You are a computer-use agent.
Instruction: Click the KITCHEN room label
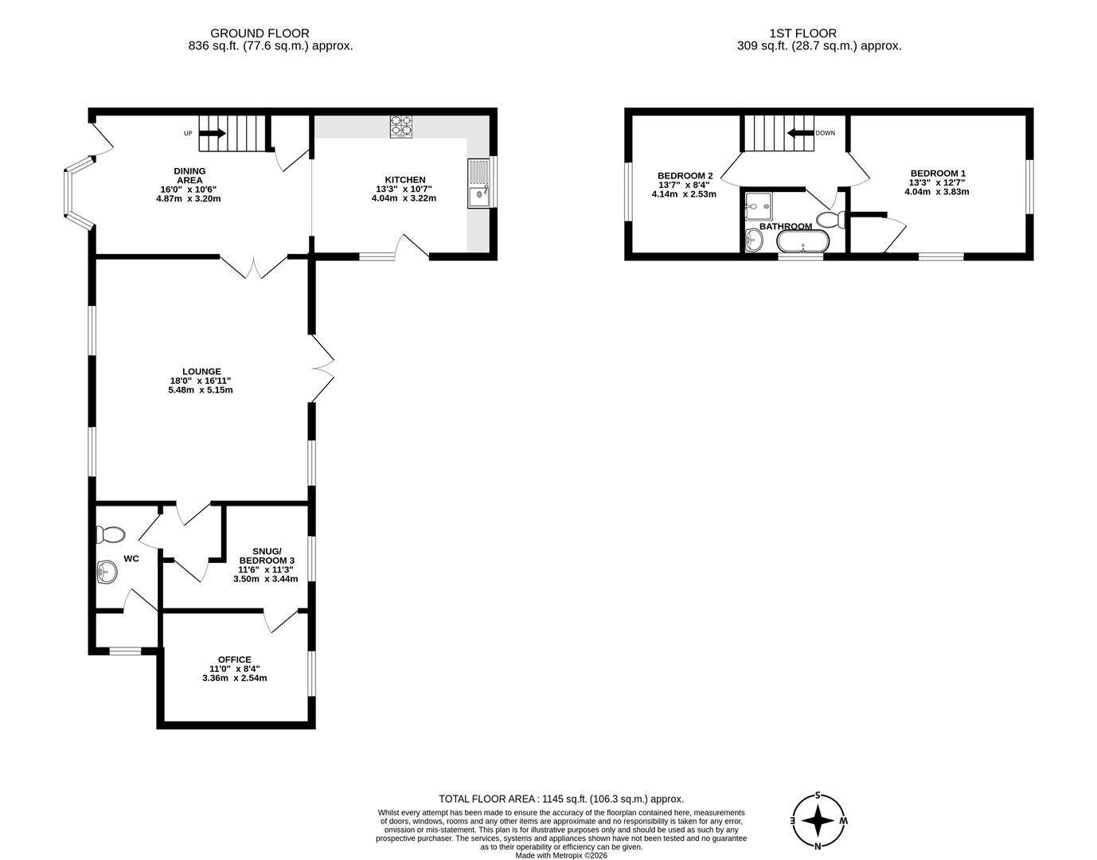(404, 180)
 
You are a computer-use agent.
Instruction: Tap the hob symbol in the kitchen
(401, 127)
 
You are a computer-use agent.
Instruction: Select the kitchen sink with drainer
(479, 183)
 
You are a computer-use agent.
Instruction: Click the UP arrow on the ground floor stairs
(212, 134)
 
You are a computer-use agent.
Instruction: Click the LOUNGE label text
(201, 371)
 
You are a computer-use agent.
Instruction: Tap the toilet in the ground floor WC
(109, 533)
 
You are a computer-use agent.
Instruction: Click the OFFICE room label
(234, 659)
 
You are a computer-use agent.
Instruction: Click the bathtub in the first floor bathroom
(802, 240)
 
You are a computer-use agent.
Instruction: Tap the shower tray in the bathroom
(759, 205)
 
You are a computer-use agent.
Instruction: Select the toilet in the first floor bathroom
(830, 219)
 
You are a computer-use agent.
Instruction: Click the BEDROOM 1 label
(938, 173)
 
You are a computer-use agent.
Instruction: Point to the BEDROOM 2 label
(685, 175)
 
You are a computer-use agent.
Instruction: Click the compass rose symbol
(818, 820)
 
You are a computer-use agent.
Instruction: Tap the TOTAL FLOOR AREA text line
(561, 799)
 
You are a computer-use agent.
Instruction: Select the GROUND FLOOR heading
(260, 33)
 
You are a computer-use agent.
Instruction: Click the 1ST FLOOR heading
(802, 33)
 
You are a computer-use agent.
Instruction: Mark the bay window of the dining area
(69, 191)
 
